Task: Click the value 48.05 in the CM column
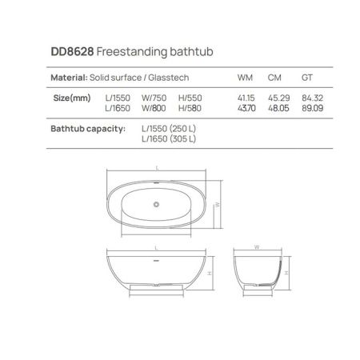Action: click(x=276, y=107)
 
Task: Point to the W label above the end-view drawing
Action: click(x=257, y=247)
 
